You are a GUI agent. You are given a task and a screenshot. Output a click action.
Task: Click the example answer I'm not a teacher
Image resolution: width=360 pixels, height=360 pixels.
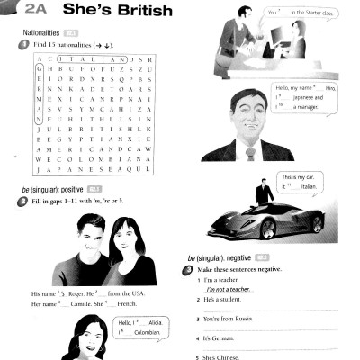tap(227, 290)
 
